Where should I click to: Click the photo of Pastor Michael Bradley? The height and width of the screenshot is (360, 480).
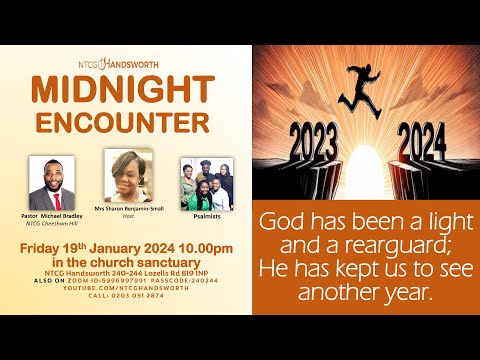coord(52,183)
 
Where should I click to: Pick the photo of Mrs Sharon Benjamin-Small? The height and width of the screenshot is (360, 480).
coord(126,178)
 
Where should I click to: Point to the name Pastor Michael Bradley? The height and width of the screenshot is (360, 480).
coord(52,215)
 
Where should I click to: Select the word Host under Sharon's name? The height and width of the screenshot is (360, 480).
coord(127,222)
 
